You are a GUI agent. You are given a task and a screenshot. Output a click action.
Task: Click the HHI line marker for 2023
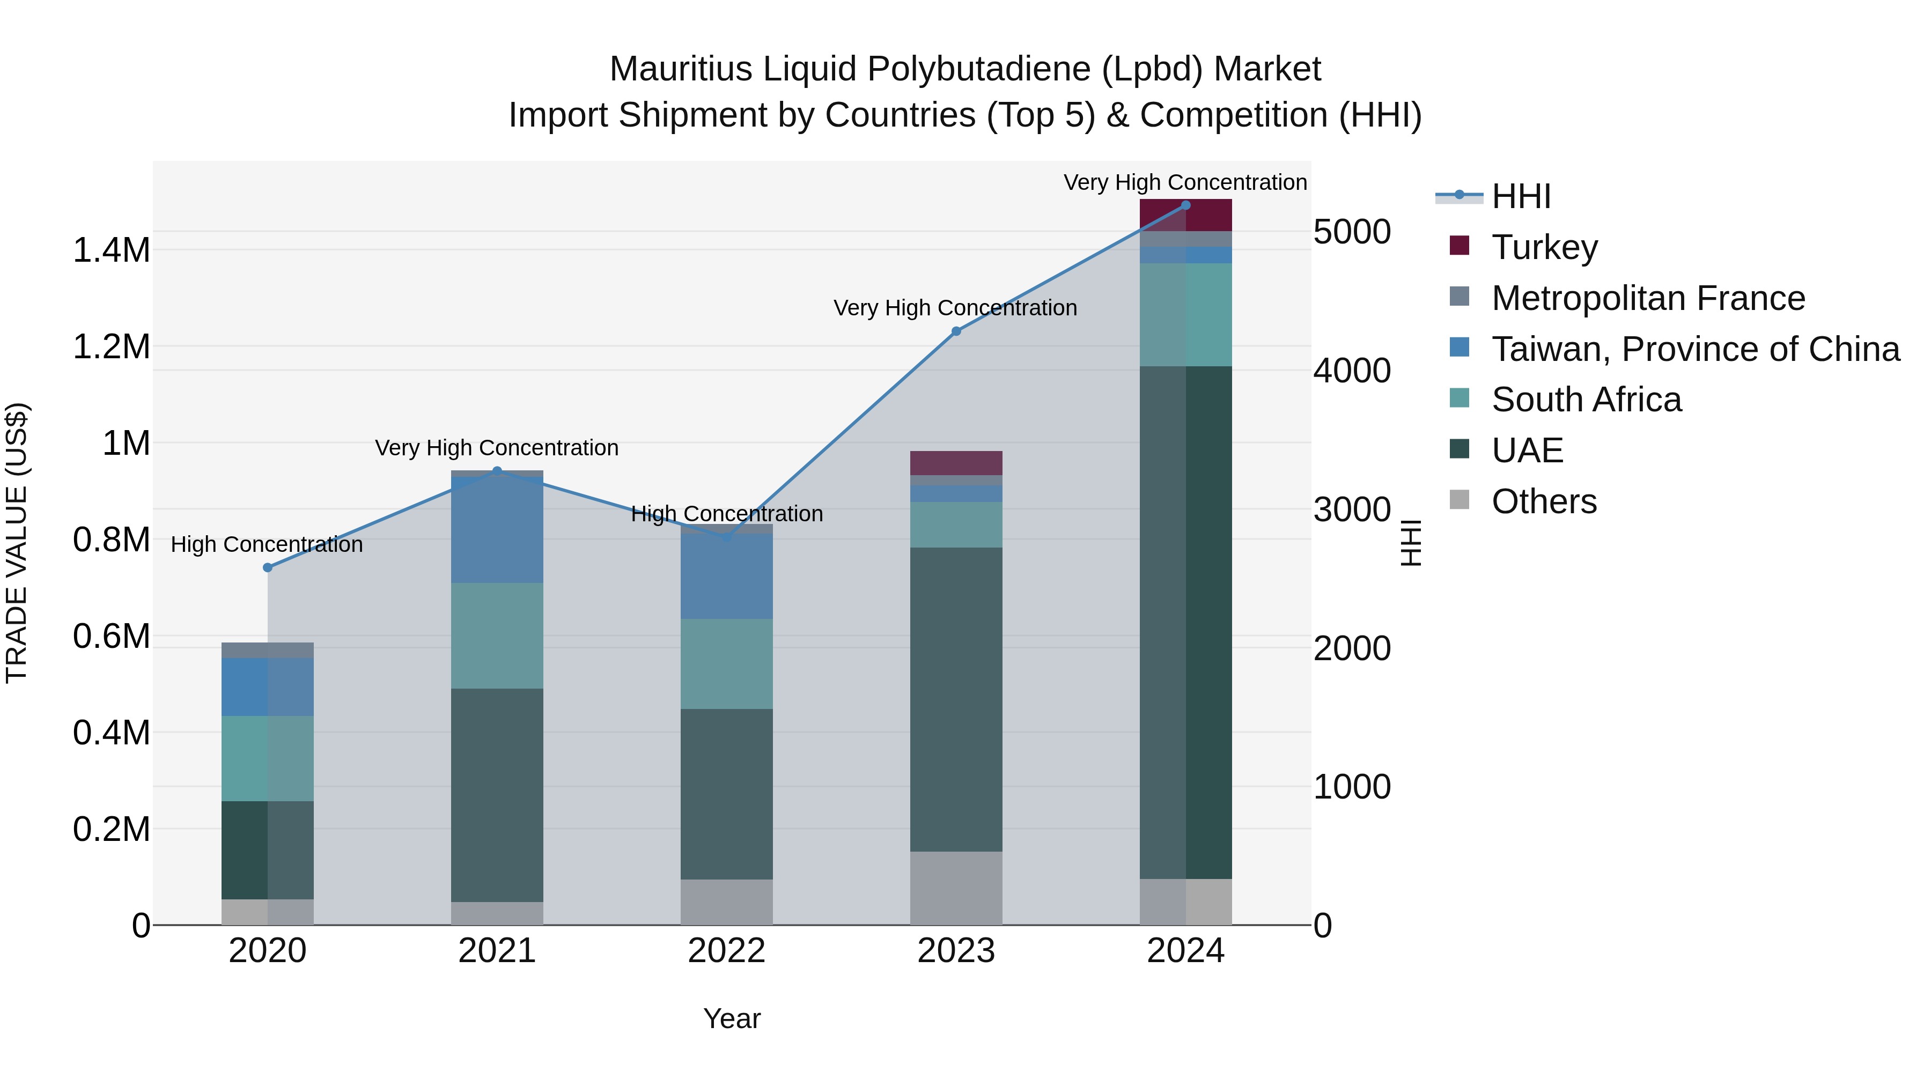point(956,331)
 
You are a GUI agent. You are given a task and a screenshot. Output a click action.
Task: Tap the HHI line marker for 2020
point(268,567)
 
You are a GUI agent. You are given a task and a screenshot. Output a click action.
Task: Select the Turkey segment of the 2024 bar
point(1185,215)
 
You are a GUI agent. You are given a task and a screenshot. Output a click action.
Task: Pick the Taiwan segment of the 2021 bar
point(497,529)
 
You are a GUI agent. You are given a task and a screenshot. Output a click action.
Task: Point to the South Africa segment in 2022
point(726,663)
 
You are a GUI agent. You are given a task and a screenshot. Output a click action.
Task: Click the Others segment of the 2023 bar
point(956,888)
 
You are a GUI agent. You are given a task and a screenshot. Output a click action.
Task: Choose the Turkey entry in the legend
point(1544,247)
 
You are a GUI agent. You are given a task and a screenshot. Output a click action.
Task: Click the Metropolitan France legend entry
point(1648,298)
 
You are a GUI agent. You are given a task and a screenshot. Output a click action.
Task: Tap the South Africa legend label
point(1586,400)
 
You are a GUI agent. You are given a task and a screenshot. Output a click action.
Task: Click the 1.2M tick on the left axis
point(111,347)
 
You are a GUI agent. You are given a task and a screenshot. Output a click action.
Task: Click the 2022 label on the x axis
point(726,951)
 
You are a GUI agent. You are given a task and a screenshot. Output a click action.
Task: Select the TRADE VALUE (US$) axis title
point(17,543)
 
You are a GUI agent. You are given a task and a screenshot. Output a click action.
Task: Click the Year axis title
point(732,1018)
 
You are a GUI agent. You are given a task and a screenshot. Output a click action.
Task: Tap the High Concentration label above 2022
point(726,514)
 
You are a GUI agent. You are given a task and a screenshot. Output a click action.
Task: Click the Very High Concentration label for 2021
point(497,448)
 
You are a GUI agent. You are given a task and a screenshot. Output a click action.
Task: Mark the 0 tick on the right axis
point(1323,926)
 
